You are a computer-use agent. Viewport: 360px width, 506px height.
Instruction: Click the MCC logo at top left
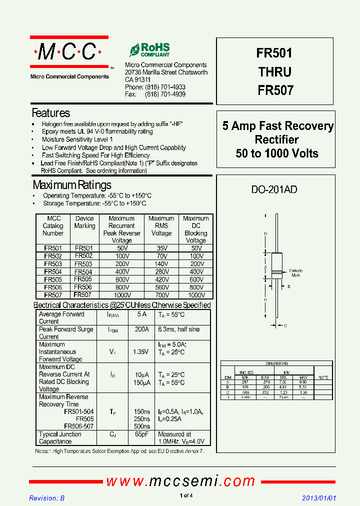point(69,52)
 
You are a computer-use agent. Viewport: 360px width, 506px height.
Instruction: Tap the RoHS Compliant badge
point(149,49)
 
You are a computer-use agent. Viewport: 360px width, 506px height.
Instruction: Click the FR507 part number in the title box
point(275,90)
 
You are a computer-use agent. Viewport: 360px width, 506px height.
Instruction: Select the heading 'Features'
point(51,113)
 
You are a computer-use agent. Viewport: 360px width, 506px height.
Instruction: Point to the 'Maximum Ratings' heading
point(72,185)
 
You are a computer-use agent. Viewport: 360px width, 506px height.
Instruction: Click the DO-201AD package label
point(274,189)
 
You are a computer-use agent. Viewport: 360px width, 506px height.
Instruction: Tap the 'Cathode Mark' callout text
point(296,273)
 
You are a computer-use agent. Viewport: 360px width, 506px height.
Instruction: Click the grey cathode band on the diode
point(276,273)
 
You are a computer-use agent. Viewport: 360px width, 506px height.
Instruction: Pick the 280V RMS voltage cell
point(161,271)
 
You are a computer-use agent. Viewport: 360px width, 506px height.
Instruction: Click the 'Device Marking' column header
point(84,222)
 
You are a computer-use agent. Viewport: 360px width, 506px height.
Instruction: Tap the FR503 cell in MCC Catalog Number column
point(53,264)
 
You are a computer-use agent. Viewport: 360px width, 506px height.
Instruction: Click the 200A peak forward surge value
point(141,329)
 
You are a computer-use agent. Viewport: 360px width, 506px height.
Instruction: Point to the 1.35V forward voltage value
point(140,352)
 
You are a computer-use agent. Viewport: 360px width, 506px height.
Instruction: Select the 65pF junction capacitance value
point(141,434)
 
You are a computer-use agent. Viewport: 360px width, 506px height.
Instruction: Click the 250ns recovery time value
point(141,418)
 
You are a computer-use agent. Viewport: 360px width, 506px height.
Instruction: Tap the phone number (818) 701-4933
point(165,87)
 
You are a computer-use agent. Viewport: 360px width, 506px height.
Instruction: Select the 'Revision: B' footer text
point(47,498)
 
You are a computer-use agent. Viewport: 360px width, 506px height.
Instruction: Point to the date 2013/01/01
point(319,498)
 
